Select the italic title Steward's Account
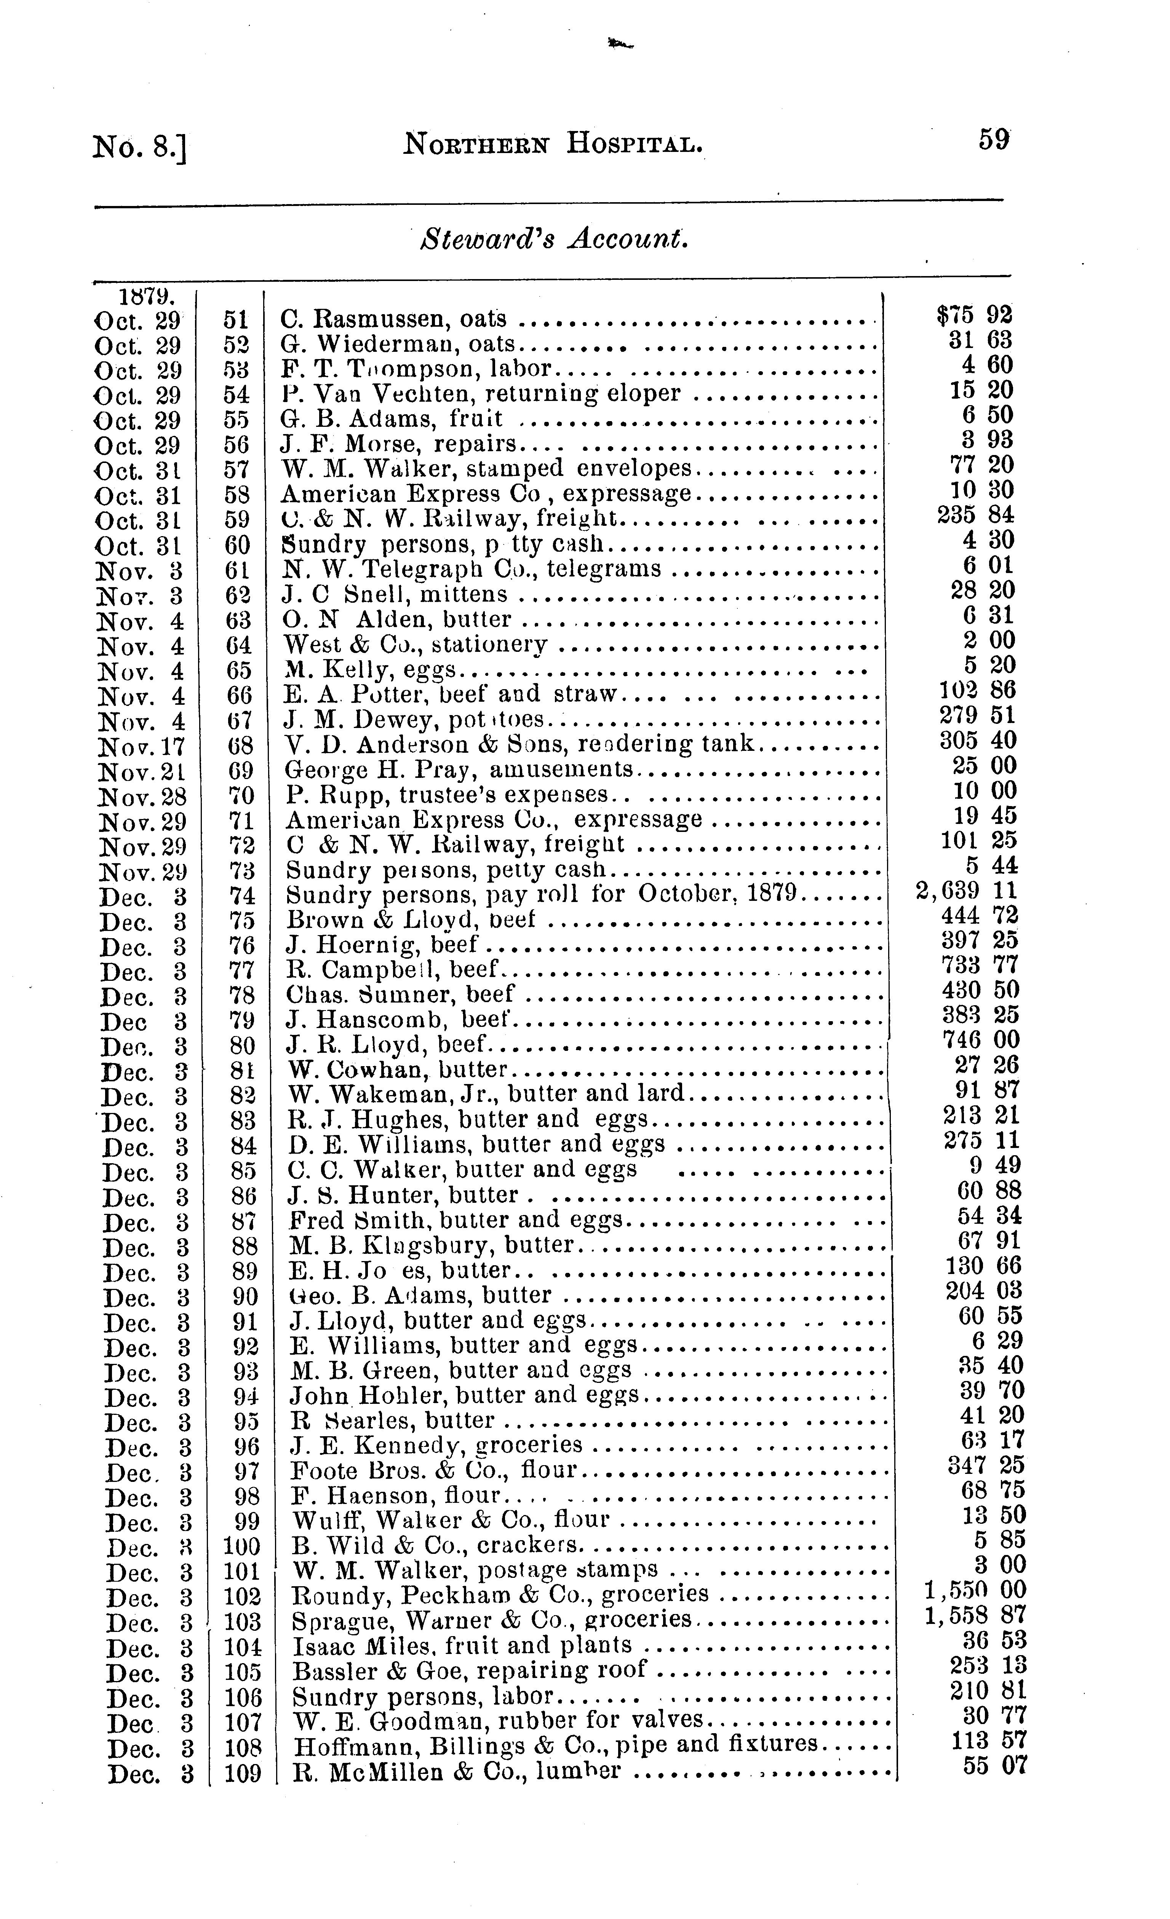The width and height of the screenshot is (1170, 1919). [553, 239]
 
